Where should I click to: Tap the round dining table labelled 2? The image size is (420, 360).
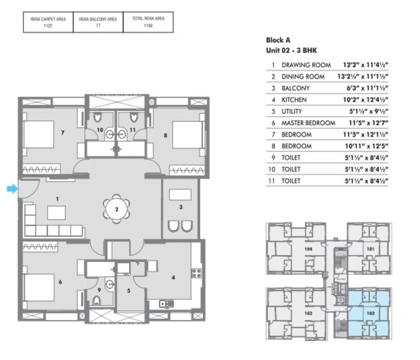[116, 209]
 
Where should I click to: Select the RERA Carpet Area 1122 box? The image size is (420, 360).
[48, 22]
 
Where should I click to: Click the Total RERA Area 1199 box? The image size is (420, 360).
[148, 22]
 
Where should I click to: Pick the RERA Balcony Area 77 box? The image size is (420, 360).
[98, 22]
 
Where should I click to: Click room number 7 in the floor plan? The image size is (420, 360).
[63, 133]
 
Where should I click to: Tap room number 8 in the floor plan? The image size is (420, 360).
[165, 135]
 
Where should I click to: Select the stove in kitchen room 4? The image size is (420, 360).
[197, 273]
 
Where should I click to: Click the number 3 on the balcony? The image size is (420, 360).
[180, 207]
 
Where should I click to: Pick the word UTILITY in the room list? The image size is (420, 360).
[292, 111]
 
